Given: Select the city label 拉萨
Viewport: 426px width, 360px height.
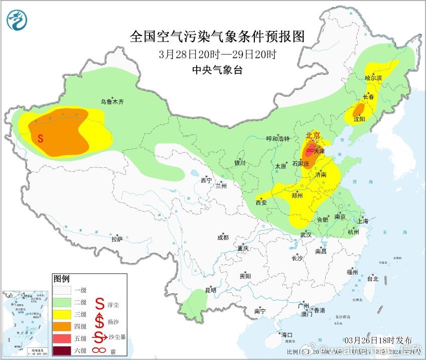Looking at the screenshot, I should (116, 239).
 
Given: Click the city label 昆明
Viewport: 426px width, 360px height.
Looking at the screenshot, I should (210, 290).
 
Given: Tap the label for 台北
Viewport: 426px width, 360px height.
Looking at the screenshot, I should (372, 279).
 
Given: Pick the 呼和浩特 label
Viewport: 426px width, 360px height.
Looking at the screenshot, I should (278, 139).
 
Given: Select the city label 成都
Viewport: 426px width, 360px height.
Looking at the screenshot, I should (222, 238).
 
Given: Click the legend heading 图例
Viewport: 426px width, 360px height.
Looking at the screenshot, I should (62, 278).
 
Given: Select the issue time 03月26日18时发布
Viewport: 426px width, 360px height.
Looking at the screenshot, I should (375, 340).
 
